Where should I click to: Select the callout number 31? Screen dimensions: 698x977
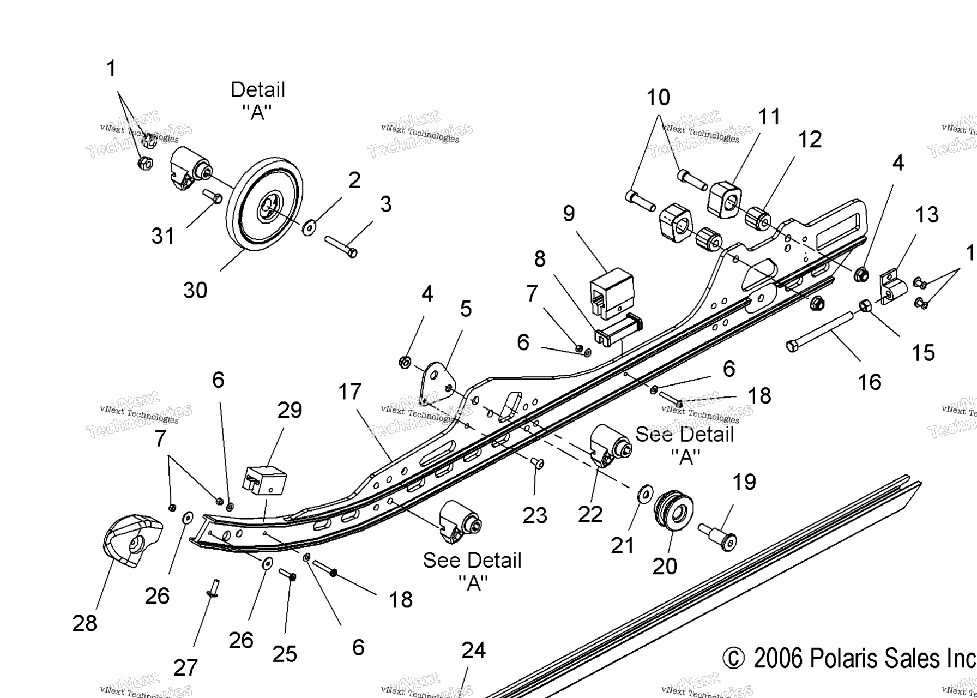[x=162, y=236]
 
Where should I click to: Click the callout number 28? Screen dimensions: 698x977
[x=85, y=623]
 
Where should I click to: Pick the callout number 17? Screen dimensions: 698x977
[x=349, y=391]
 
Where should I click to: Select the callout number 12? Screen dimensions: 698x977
[x=810, y=140]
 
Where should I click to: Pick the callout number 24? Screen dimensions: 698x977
[x=473, y=650]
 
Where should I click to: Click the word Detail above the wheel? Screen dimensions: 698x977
[x=257, y=89]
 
